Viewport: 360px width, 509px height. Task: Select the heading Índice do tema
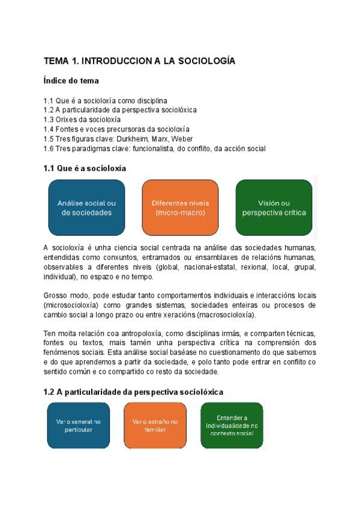coord(71,80)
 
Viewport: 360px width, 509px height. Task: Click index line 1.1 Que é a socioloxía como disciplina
coord(106,100)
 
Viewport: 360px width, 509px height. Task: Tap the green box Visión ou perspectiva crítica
coord(274,208)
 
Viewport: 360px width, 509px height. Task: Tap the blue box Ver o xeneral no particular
coord(78,426)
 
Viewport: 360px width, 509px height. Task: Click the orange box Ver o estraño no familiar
coord(155,426)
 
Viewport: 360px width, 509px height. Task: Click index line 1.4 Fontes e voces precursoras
coord(116,129)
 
